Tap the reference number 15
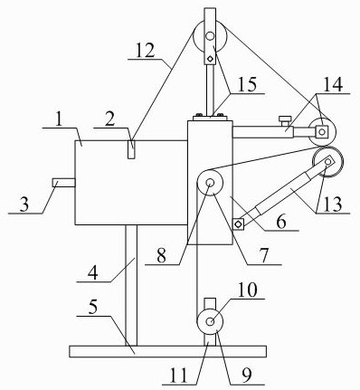(247, 84)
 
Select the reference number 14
(333, 84)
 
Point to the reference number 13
(333, 205)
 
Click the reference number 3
(24, 205)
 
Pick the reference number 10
(248, 290)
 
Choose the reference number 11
(179, 376)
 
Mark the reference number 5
(93, 308)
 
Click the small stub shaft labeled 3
(63, 183)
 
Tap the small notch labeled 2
(132, 149)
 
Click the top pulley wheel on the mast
(210, 36)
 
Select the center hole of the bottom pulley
(210, 321)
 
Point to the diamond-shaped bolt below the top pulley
(211, 58)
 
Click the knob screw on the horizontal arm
(285, 121)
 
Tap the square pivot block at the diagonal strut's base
(238, 224)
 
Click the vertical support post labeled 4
(131, 285)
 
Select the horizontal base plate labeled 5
(167, 351)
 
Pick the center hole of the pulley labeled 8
(210, 183)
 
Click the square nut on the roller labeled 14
(322, 131)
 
